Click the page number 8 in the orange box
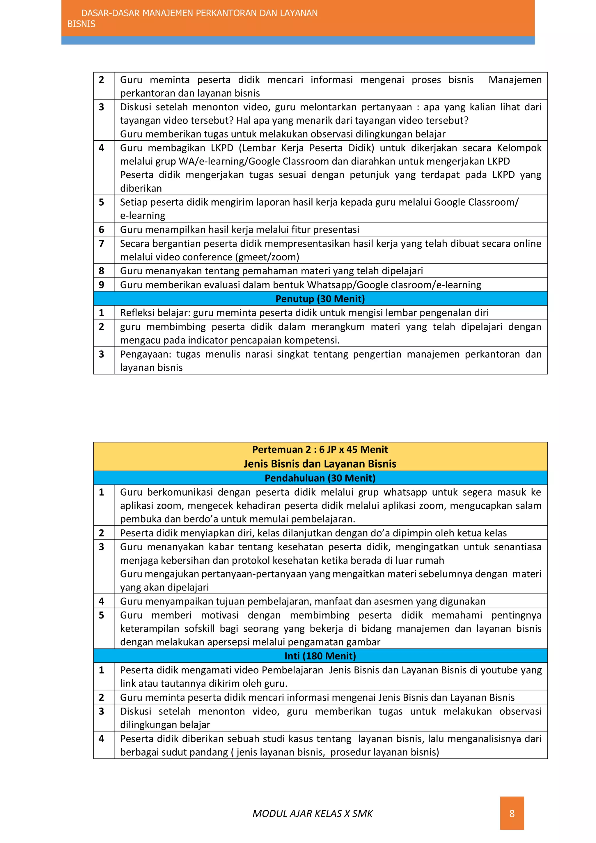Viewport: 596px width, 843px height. point(512,813)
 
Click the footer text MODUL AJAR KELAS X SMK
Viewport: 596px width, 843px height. point(312,814)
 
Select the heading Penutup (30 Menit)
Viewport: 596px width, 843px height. point(320,298)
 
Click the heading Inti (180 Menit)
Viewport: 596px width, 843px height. point(320,656)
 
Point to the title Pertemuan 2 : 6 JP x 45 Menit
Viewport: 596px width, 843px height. point(320,449)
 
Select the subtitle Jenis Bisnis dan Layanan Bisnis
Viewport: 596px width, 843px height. point(320,464)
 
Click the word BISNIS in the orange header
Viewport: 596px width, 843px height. point(81,24)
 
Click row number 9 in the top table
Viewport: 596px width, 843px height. point(102,284)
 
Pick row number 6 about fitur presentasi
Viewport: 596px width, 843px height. point(102,229)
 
